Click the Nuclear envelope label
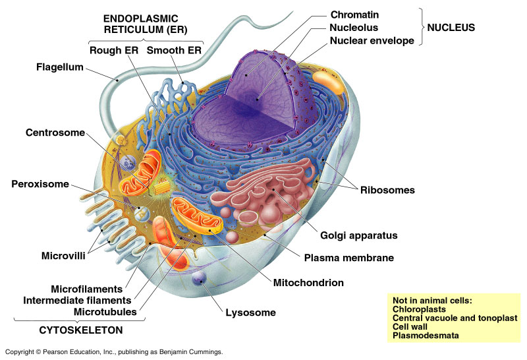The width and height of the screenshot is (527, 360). (x=372, y=41)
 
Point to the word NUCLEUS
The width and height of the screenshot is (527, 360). (x=450, y=28)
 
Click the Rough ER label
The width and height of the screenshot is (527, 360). (x=114, y=51)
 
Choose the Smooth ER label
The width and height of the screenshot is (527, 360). (x=174, y=51)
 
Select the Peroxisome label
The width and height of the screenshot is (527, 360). (x=40, y=184)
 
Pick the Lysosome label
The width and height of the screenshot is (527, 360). (x=250, y=313)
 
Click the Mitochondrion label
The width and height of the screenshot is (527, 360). (x=309, y=283)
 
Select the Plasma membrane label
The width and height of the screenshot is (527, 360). (x=349, y=258)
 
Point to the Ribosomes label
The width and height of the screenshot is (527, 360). (x=387, y=190)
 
